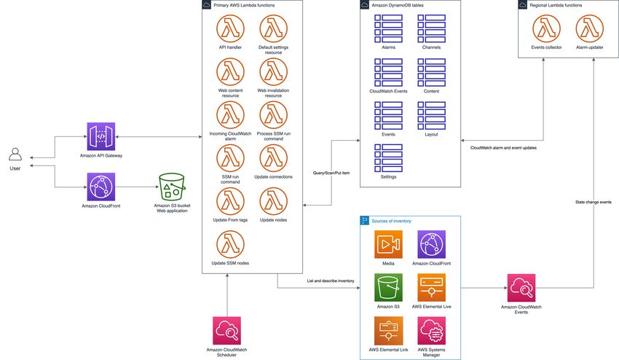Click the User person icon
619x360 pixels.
15,154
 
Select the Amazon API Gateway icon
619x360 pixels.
101,136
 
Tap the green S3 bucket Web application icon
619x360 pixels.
172,187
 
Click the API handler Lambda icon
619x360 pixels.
230,28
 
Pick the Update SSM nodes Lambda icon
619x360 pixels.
230,244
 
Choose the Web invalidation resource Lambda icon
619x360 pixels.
274,71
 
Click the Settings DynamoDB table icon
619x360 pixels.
388,158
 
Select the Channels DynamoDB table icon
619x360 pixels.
432,28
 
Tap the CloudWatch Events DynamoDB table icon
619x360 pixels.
388,72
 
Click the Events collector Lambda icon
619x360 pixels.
546,28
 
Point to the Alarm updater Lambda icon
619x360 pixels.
589,28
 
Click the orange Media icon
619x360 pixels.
388,244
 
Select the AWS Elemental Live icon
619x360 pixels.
432,287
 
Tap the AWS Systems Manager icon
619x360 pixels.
432,330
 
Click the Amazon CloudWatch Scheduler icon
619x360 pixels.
226,330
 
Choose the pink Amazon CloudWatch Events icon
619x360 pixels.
521,288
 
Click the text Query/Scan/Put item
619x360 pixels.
331,173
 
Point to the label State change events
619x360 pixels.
594,202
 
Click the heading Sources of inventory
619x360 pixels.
391,221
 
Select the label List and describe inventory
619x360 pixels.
331,281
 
